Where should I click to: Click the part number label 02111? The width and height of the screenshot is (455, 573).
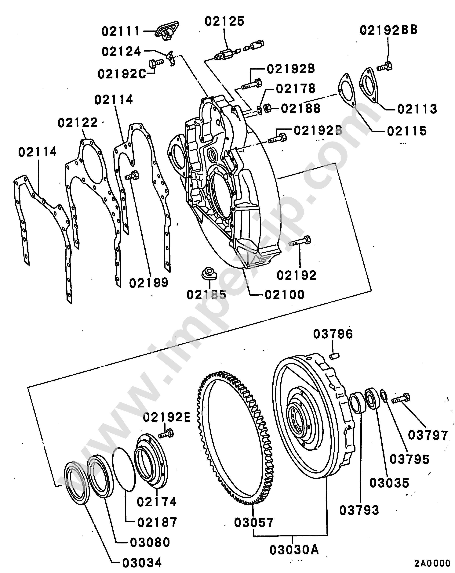(x=120, y=32)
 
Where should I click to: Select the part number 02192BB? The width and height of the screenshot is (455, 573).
(x=388, y=30)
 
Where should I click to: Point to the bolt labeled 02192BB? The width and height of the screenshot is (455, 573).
(x=384, y=66)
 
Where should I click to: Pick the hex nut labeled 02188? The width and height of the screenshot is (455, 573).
(x=267, y=108)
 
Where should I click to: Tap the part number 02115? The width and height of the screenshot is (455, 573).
(x=407, y=131)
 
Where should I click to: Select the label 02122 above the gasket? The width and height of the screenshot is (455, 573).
(x=78, y=123)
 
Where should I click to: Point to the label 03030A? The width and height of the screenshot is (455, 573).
(x=294, y=550)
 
